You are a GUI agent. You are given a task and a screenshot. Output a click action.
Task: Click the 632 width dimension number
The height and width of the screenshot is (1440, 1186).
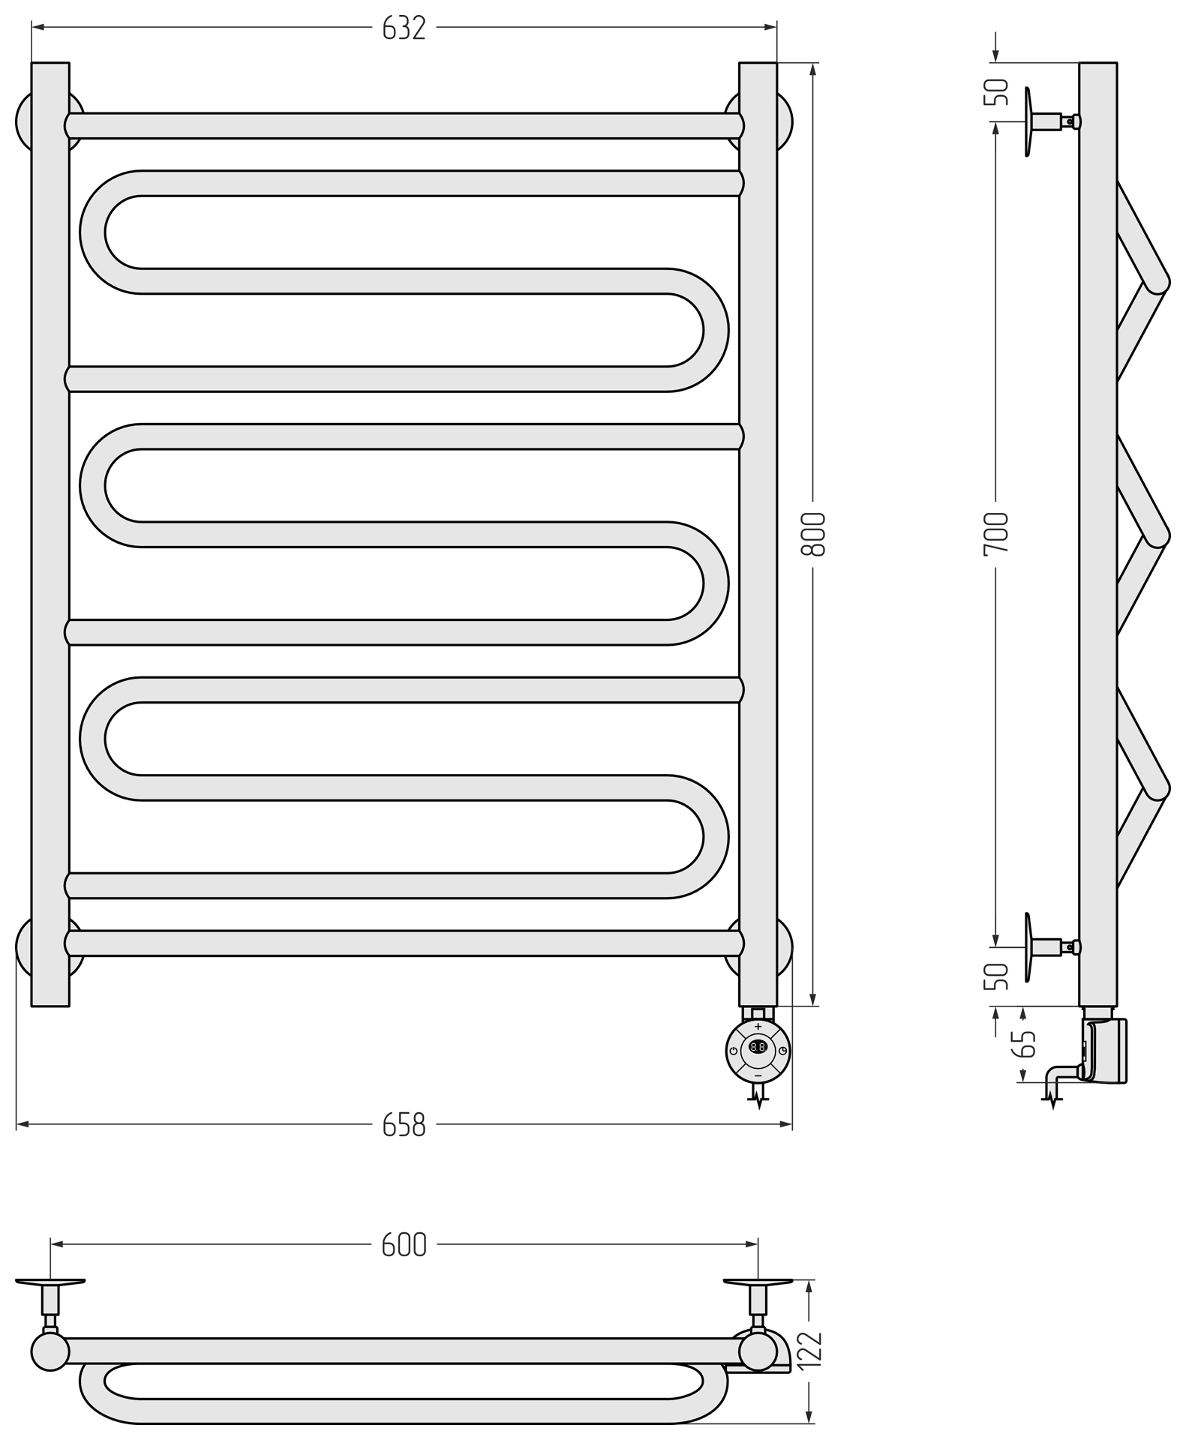tap(404, 28)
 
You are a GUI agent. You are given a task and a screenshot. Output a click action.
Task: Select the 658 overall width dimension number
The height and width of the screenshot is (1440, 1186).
tap(404, 1125)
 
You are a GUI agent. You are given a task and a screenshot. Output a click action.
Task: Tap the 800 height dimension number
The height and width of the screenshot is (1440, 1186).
tap(813, 534)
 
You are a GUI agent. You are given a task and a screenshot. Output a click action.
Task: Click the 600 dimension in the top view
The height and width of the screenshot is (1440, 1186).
tap(404, 1244)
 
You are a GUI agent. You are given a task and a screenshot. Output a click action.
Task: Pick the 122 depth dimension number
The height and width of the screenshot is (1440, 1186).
tap(811, 1349)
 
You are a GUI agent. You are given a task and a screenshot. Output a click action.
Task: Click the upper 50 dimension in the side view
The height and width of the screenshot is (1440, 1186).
tap(996, 92)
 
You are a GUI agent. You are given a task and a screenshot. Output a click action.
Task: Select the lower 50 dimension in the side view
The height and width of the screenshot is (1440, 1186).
tap(996, 976)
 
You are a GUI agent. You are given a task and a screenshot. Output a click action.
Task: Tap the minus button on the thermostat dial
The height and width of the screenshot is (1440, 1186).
tap(758, 1075)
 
